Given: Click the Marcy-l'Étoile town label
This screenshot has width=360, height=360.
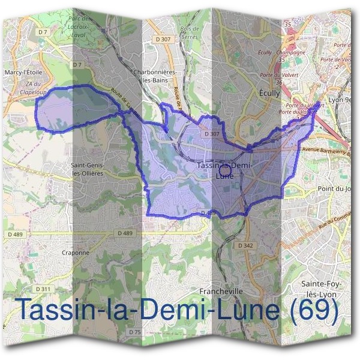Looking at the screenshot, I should click(x=24, y=73).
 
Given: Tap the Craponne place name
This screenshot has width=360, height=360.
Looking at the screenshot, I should click(x=76, y=253).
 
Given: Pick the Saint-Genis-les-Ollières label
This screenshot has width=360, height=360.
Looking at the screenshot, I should click(x=89, y=169).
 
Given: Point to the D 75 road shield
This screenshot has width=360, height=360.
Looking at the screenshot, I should click(x=134, y=331).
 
